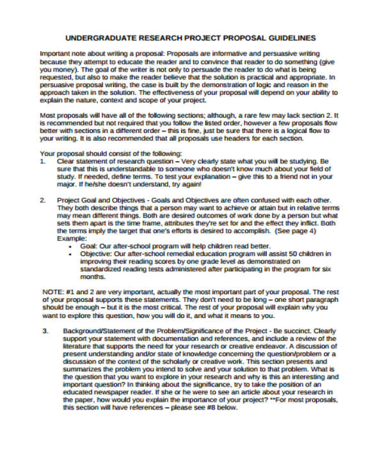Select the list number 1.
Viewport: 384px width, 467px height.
[43, 162]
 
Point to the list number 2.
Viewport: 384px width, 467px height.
[43, 200]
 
